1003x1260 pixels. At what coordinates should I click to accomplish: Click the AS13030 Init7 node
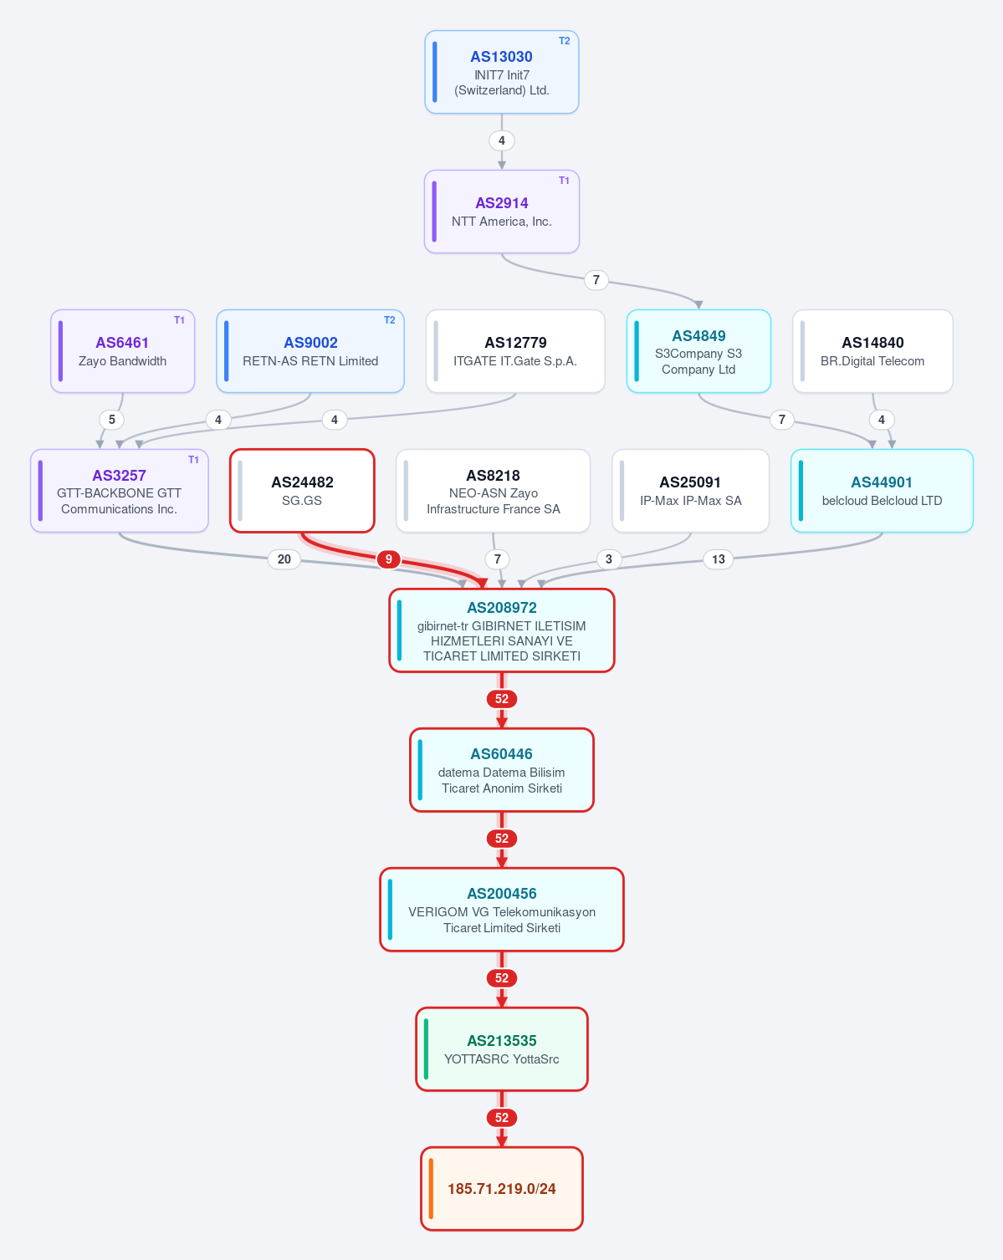[x=502, y=72]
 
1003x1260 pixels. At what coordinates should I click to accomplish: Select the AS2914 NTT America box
[x=502, y=212]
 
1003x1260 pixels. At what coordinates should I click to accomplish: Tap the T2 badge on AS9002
[x=390, y=319]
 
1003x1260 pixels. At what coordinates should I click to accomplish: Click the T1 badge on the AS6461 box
[x=179, y=319]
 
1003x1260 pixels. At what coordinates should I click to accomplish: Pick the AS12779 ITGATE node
[x=515, y=351]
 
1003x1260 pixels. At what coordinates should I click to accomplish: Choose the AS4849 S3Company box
[x=699, y=351]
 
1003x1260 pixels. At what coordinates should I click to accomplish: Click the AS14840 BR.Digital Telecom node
[x=873, y=351]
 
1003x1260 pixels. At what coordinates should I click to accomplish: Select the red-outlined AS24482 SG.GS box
[x=302, y=491]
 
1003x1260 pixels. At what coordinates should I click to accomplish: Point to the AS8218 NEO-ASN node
[x=494, y=491]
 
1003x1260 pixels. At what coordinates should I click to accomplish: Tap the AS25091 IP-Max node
[x=691, y=491]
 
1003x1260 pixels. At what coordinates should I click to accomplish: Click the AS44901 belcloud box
[x=882, y=491]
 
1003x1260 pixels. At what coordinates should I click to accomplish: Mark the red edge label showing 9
[x=388, y=559]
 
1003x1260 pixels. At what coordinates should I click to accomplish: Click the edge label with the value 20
[x=284, y=559]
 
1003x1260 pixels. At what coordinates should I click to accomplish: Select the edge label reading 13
[x=719, y=559]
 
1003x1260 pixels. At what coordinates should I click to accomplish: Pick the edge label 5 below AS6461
[x=112, y=419]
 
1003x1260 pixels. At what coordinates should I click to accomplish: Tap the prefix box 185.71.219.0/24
[x=502, y=1189]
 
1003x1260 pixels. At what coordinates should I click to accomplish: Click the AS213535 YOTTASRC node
[x=502, y=1049]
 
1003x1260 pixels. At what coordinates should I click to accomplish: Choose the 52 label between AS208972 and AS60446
[x=502, y=698]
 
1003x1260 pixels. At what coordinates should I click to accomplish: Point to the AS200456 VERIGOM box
[x=502, y=910]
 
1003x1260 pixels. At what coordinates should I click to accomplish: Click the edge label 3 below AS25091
[x=609, y=559]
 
